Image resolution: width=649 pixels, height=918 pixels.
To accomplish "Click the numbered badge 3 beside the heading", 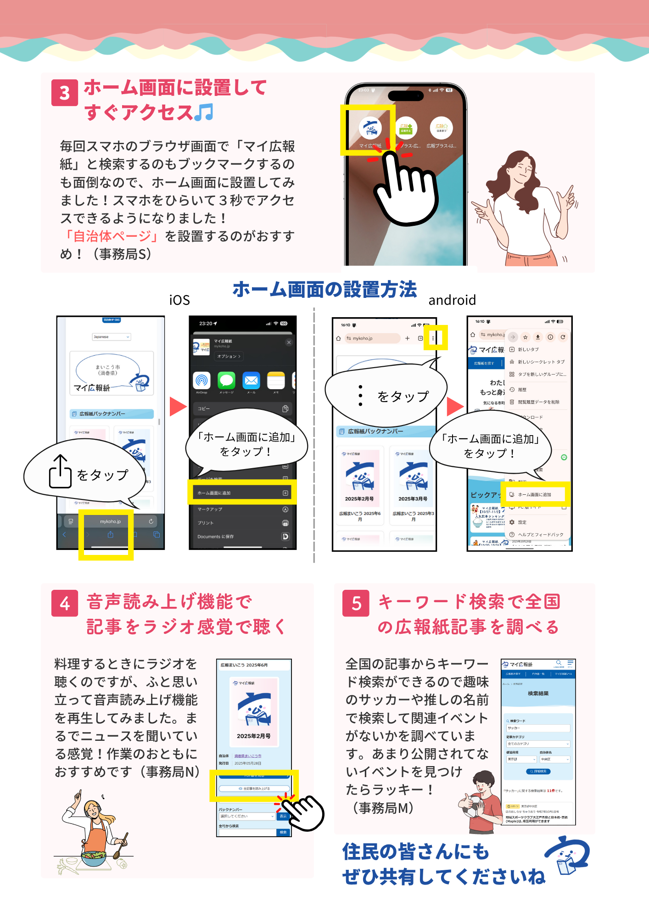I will click(x=64, y=93).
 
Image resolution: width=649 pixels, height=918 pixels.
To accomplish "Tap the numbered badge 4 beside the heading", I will click(x=64, y=603).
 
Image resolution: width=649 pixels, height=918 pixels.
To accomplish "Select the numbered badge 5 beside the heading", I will click(x=356, y=603).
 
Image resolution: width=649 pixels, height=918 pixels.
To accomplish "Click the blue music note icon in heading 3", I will click(x=204, y=112).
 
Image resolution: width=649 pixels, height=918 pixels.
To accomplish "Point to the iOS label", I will click(x=179, y=300).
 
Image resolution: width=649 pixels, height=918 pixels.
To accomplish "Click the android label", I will click(x=452, y=300).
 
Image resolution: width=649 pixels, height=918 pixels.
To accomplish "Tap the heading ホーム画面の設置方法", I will click(x=324, y=290).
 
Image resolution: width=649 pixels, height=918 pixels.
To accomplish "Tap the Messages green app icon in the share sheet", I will click(x=226, y=381).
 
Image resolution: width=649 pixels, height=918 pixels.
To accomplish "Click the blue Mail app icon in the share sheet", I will click(x=251, y=381).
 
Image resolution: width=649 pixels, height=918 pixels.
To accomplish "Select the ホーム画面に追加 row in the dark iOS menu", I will click(x=242, y=493).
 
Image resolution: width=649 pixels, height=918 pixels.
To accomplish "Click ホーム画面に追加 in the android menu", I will click(x=535, y=494).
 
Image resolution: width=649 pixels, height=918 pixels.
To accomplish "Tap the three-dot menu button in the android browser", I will click(x=433, y=338).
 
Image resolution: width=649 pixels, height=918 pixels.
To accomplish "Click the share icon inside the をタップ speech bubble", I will click(x=60, y=471).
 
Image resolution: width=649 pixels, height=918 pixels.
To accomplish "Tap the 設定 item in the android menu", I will click(x=522, y=522).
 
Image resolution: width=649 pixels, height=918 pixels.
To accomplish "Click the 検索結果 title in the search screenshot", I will click(x=538, y=694).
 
